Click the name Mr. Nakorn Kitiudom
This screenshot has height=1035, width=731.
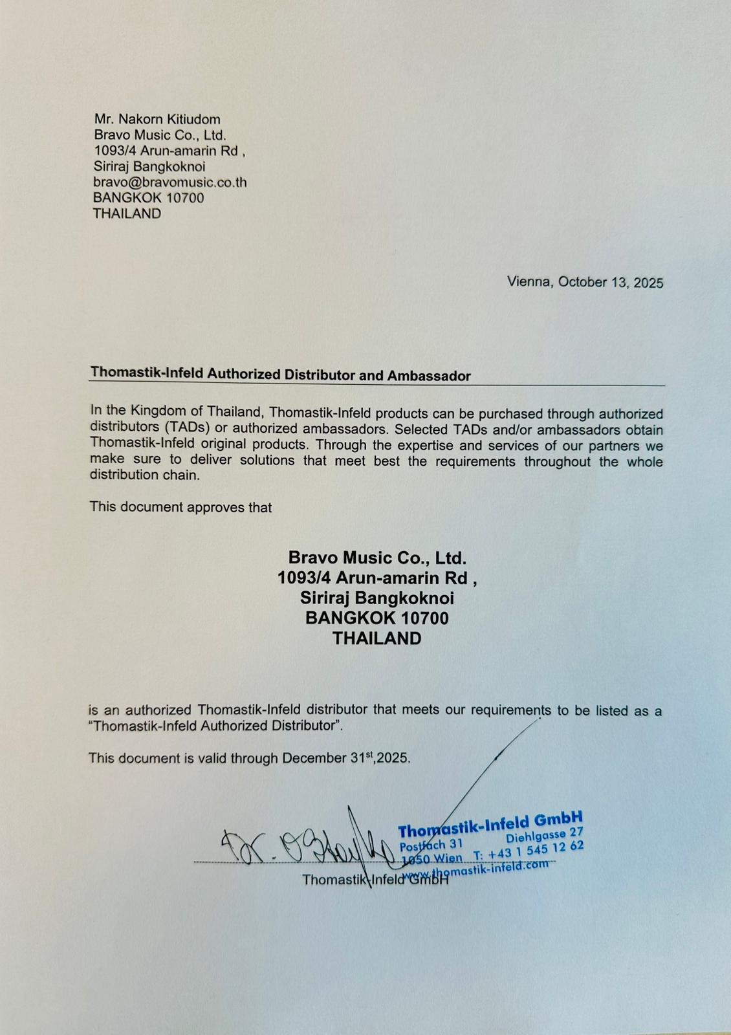tap(157, 119)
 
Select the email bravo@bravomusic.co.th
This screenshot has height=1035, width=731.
tap(169, 182)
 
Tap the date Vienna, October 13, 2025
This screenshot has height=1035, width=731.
tap(585, 282)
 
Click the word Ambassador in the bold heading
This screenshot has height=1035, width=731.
tap(429, 376)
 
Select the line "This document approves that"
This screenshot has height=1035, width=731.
tap(180, 507)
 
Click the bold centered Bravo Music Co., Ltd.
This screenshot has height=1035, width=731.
tap(377, 558)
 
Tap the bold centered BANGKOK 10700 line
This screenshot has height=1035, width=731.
tap(377, 618)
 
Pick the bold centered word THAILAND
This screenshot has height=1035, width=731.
tap(377, 638)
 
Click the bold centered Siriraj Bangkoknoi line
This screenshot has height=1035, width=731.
tap(377, 598)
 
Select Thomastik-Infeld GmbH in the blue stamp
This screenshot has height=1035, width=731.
tap(490, 825)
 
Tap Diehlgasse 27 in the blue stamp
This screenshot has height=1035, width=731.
tap(545, 836)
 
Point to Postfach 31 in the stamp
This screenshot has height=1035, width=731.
tap(431, 845)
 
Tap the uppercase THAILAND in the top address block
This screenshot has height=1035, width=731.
tap(127, 213)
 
